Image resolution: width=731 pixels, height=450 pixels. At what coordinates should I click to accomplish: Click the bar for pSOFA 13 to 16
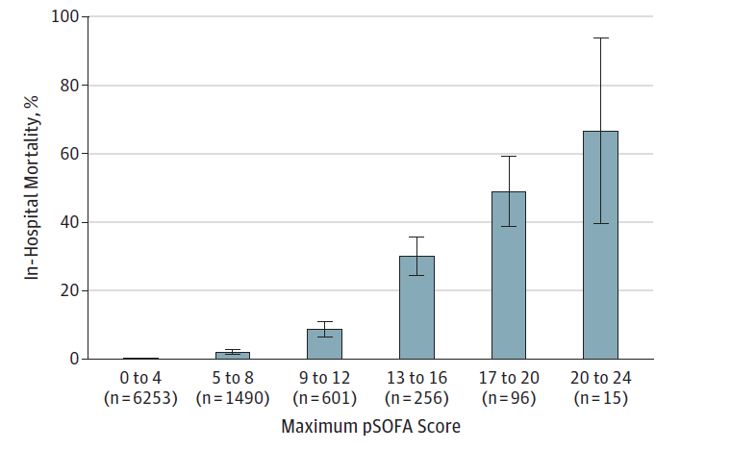click(416, 308)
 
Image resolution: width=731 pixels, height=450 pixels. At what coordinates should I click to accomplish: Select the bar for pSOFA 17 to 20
click(509, 275)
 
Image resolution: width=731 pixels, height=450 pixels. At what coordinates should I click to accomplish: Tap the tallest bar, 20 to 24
click(600, 245)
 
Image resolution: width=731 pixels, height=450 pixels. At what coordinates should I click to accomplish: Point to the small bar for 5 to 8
click(233, 355)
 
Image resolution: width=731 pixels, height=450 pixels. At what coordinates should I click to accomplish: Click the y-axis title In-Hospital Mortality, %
click(33, 188)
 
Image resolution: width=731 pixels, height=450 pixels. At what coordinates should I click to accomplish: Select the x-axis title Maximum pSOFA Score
click(371, 426)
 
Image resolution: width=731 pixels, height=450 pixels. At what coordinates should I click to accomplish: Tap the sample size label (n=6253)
click(140, 397)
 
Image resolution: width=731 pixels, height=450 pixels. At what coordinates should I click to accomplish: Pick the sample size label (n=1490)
click(233, 397)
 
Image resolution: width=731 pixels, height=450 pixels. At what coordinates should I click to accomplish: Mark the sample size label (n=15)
click(600, 397)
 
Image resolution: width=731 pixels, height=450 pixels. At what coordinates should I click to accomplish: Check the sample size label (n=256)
click(416, 397)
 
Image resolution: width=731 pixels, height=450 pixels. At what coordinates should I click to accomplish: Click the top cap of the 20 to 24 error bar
click(600, 37)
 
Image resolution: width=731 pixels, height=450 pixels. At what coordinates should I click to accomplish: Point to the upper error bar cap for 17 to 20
click(509, 156)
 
